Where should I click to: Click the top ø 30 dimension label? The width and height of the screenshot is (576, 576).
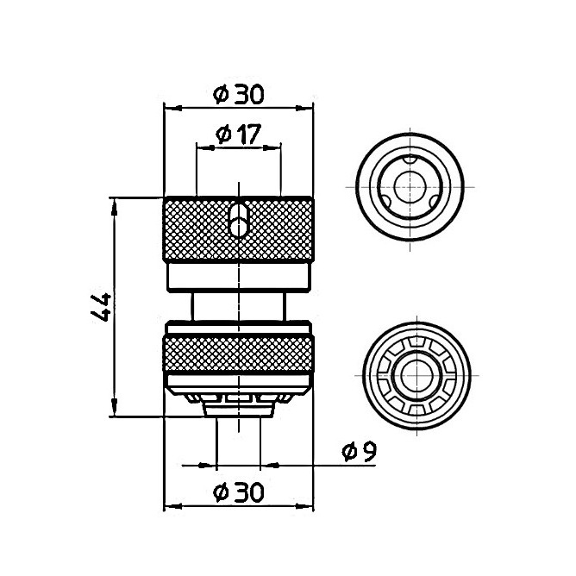(x=238, y=94)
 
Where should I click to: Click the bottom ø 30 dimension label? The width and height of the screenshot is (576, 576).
(x=238, y=491)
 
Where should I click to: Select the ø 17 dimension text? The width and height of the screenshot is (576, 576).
(x=238, y=134)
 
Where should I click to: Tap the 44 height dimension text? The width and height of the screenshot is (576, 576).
(x=100, y=307)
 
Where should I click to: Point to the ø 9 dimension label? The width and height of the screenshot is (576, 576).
(x=359, y=452)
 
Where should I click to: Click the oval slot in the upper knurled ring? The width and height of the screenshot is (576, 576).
(x=239, y=221)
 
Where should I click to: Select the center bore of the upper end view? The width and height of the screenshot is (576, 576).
(x=410, y=187)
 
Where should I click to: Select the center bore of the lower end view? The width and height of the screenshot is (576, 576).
(x=417, y=375)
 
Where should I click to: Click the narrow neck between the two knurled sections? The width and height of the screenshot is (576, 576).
(x=238, y=306)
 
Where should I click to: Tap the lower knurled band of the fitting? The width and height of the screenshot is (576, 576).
(x=238, y=354)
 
